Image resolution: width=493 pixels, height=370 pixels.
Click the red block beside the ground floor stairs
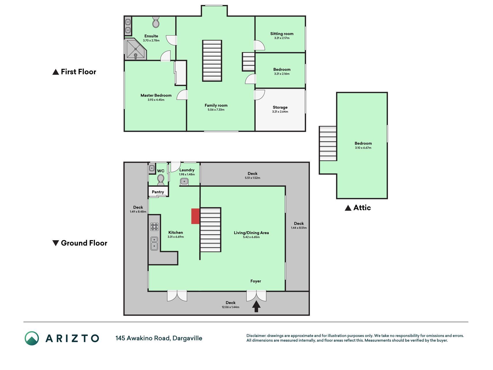[196, 216]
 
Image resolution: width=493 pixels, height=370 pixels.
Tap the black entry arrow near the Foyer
[256, 306]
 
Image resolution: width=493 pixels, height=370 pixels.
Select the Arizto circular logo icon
[32, 338]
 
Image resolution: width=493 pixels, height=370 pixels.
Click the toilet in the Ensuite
[156, 21]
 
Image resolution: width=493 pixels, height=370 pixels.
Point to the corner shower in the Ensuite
[135, 49]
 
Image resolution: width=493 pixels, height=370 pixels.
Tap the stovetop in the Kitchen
[154, 227]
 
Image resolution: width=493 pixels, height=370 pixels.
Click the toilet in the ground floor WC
[161, 180]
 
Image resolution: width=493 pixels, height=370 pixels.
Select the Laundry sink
[184, 182]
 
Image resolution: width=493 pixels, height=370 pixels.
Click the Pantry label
[158, 192]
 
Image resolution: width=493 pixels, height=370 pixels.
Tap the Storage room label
[280, 107]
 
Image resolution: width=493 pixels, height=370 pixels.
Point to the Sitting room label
[282, 34]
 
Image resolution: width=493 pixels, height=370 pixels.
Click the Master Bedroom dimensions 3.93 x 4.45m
[156, 100]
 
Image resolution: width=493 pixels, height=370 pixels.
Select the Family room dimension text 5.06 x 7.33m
[216, 110]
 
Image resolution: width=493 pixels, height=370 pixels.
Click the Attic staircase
[328, 143]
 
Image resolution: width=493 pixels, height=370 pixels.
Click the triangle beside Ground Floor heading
[56, 243]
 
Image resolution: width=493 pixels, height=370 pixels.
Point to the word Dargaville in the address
[187, 338]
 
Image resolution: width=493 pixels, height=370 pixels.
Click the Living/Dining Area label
[251, 233]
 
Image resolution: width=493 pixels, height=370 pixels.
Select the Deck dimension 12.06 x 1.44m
[230, 307]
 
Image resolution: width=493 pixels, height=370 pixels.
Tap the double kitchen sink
[154, 243]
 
